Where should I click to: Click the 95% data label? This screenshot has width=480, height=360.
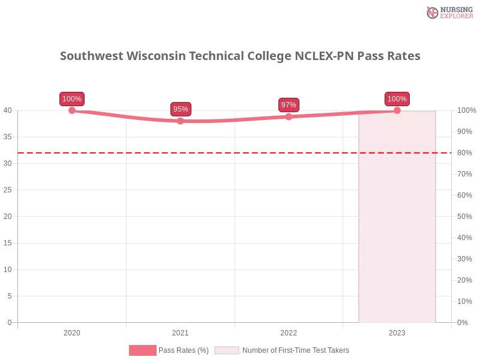point(181,109)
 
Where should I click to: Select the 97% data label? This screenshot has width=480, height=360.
point(289,105)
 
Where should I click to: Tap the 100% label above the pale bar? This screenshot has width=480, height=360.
point(397,99)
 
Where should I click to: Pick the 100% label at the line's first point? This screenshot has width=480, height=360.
point(72,99)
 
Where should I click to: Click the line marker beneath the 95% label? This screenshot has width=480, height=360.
point(181,121)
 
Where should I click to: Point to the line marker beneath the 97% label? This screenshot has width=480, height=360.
point(289,116)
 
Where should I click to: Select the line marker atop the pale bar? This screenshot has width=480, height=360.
point(397,110)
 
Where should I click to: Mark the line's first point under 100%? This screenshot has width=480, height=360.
point(72,110)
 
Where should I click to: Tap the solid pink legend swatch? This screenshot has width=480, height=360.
point(142,350)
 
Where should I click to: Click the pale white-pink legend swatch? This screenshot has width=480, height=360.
point(227,350)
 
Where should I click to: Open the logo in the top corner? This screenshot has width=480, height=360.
point(449,12)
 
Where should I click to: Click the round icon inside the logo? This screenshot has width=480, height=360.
point(432,13)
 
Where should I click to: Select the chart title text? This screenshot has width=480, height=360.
point(240,56)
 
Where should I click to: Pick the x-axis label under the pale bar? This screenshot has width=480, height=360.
point(397,331)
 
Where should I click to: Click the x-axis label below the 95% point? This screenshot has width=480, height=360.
point(179,331)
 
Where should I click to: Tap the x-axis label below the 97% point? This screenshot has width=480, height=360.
point(288,331)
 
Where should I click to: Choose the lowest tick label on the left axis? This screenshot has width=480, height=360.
point(9,322)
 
